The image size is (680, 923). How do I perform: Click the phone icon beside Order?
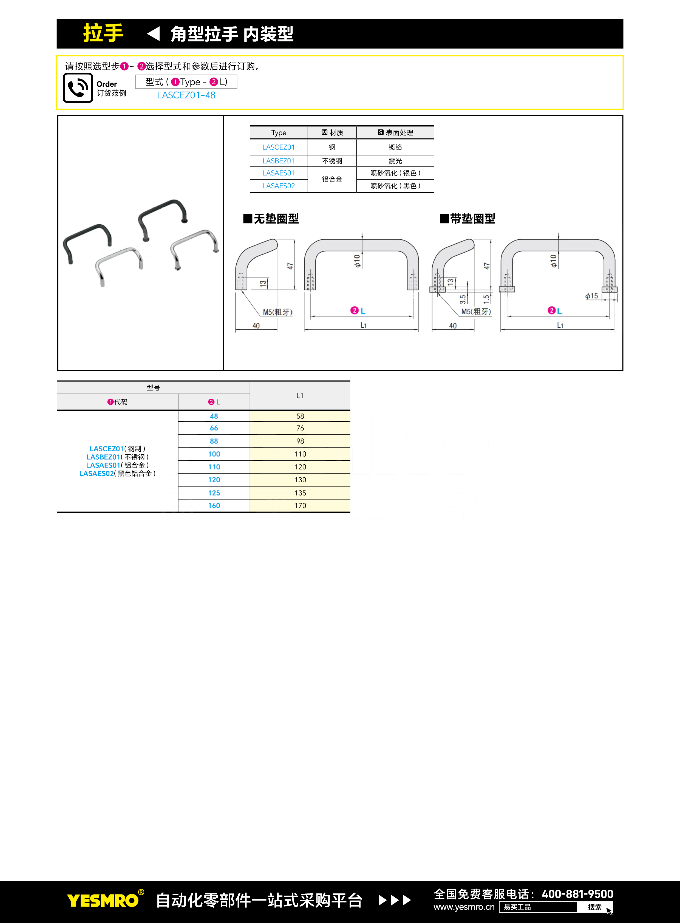pyautogui.click(x=78, y=88)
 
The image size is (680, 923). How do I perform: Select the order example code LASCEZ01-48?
pyautogui.click(x=186, y=95)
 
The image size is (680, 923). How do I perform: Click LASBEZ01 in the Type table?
pyautogui.click(x=279, y=161)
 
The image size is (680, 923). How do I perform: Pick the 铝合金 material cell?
pyautogui.click(x=332, y=179)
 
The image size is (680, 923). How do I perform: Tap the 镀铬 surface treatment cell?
pyautogui.click(x=395, y=147)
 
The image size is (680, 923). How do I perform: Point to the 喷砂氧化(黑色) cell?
pyautogui.click(x=395, y=186)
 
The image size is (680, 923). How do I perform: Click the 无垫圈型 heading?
pyautogui.click(x=271, y=219)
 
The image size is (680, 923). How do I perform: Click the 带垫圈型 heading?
pyautogui.click(x=467, y=219)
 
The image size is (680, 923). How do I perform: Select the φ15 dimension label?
pyautogui.click(x=591, y=296)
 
